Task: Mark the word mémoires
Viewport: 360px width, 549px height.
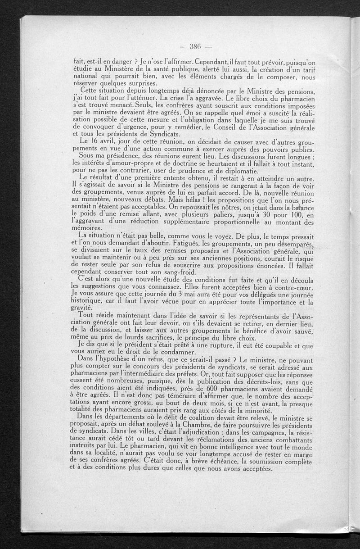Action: (88, 228)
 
